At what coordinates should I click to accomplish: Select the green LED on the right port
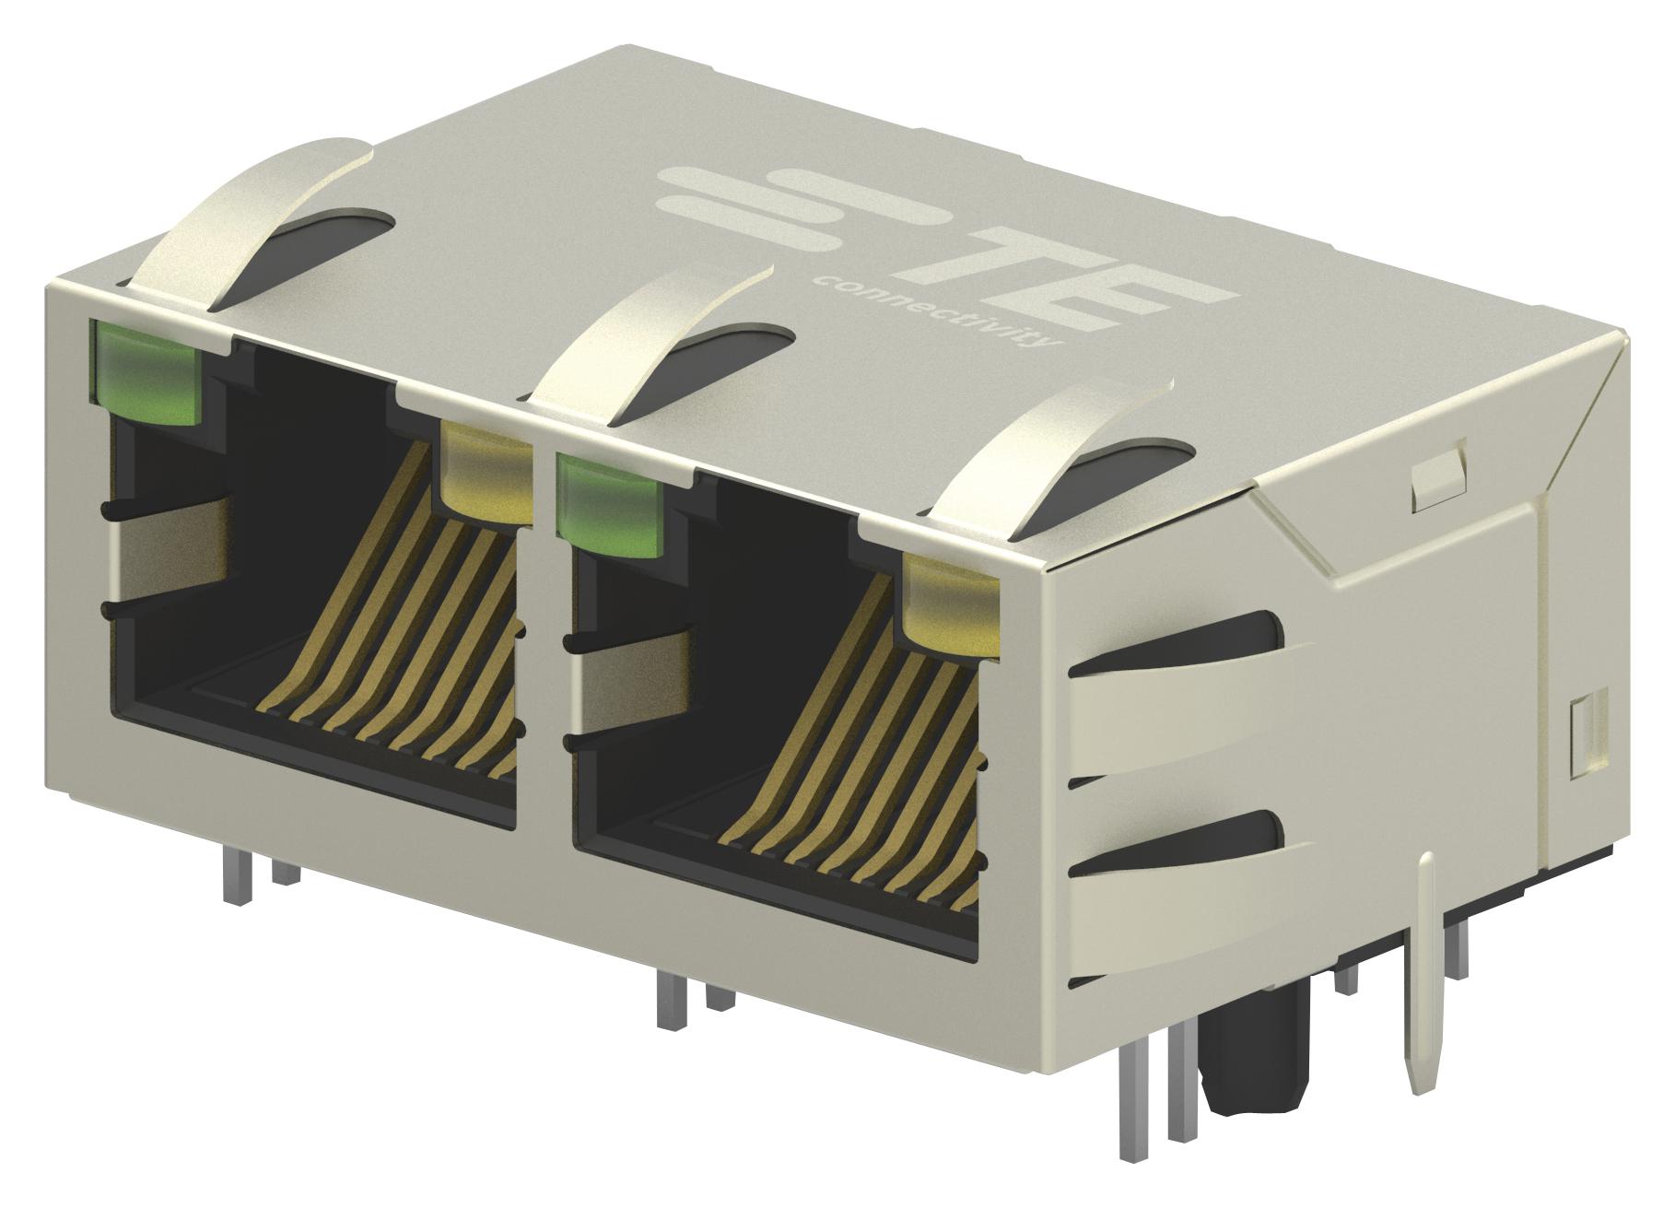pos(610,510)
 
